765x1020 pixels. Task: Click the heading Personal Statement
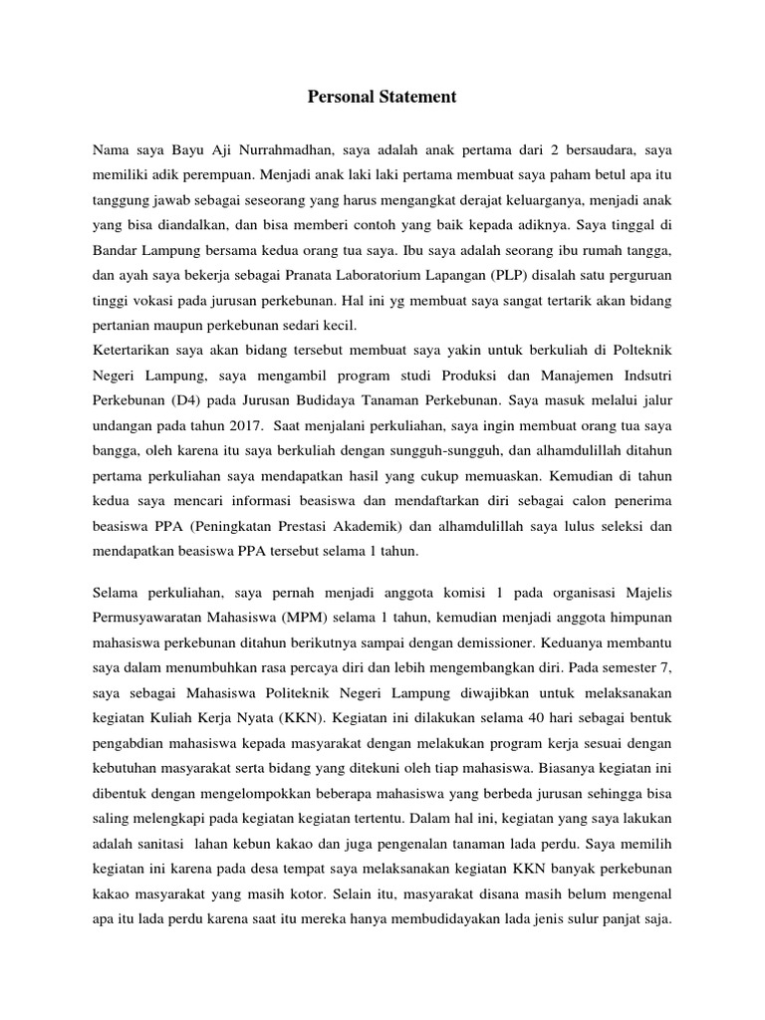pyautogui.click(x=382, y=97)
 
